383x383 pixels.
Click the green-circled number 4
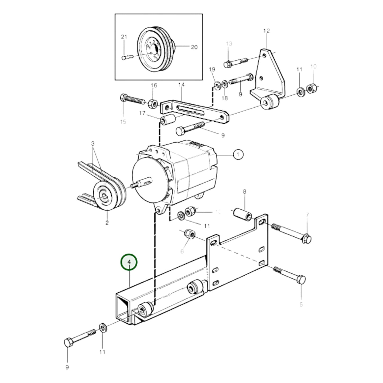click(x=129, y=262)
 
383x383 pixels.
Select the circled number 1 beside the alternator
click(x=238, y=154)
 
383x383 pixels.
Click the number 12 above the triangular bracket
click(x=266, y=31)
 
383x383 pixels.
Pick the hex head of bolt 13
click(x=227, y=64)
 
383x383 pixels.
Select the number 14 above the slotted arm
click(x=181, y=85)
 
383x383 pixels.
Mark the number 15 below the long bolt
click(x=123, y=122)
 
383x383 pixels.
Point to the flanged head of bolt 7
click(x=307, y=239)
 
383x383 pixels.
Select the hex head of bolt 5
click(x=301, y=280)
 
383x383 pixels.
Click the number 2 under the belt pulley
click(x=107, y=223)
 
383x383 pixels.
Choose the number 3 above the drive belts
click(x=93, y=144)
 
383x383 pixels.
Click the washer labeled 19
click(x=218, y=85)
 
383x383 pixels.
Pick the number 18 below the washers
click(x=224, y=98)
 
